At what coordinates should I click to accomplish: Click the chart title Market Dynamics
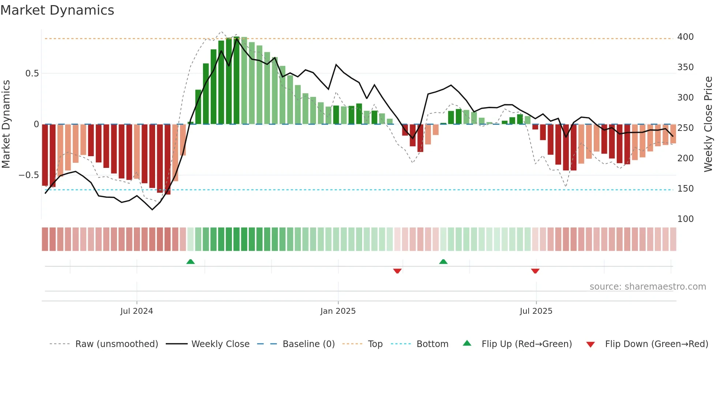57,10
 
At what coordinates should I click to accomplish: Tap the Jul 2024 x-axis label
136,311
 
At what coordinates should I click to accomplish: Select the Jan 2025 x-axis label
338,311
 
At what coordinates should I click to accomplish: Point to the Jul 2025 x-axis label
536,311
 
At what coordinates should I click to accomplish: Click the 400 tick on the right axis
685,37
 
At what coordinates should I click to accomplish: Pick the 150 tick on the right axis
685,189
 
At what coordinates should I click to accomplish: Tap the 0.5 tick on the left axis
32,74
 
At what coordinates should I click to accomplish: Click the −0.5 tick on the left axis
29,175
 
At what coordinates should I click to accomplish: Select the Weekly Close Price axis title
708,124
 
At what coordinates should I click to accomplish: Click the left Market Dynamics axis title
6,124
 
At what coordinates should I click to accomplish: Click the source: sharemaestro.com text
647,287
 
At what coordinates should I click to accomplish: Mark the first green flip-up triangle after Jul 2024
190,261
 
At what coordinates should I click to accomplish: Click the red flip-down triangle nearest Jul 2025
535,271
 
